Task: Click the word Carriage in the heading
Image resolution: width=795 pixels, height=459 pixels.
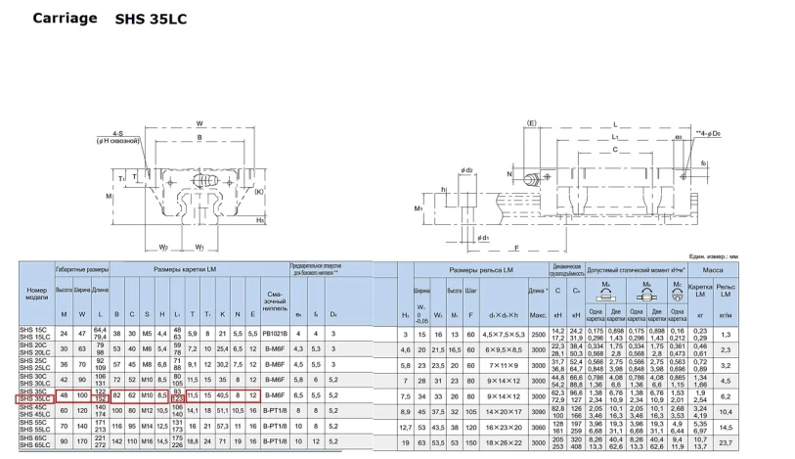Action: [66, 18]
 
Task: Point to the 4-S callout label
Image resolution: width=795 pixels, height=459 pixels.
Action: [116, 132]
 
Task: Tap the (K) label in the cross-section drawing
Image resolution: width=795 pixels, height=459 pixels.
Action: [258, 192]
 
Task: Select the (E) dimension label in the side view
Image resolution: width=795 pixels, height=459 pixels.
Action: [532, 123]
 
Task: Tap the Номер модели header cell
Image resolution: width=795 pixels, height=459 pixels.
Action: [36, 294]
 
